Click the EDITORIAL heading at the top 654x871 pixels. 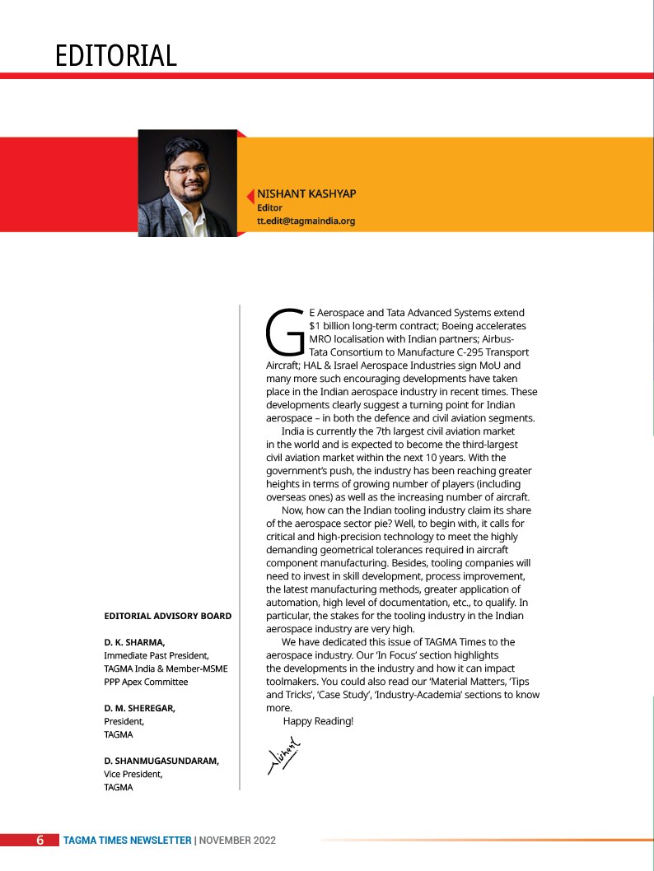coord(116,55)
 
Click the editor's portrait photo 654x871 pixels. coord(187,183)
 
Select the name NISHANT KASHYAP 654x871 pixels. coord(306,193)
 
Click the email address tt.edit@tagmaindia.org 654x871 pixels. coord(306,221)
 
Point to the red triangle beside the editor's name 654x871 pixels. coord(250,196)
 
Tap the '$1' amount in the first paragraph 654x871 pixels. coord(315,326)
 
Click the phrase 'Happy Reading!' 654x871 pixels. coord(318,721)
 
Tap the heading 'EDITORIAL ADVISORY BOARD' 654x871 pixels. coord(167,616)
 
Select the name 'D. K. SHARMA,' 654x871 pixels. coord(134,641)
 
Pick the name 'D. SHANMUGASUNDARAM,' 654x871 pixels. coord(161,761)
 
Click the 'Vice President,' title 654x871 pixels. coord(133,774)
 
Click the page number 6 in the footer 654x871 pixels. coord(40,841)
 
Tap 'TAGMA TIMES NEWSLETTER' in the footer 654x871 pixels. coord(127,841)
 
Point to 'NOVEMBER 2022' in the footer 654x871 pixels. coord(237,841)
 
